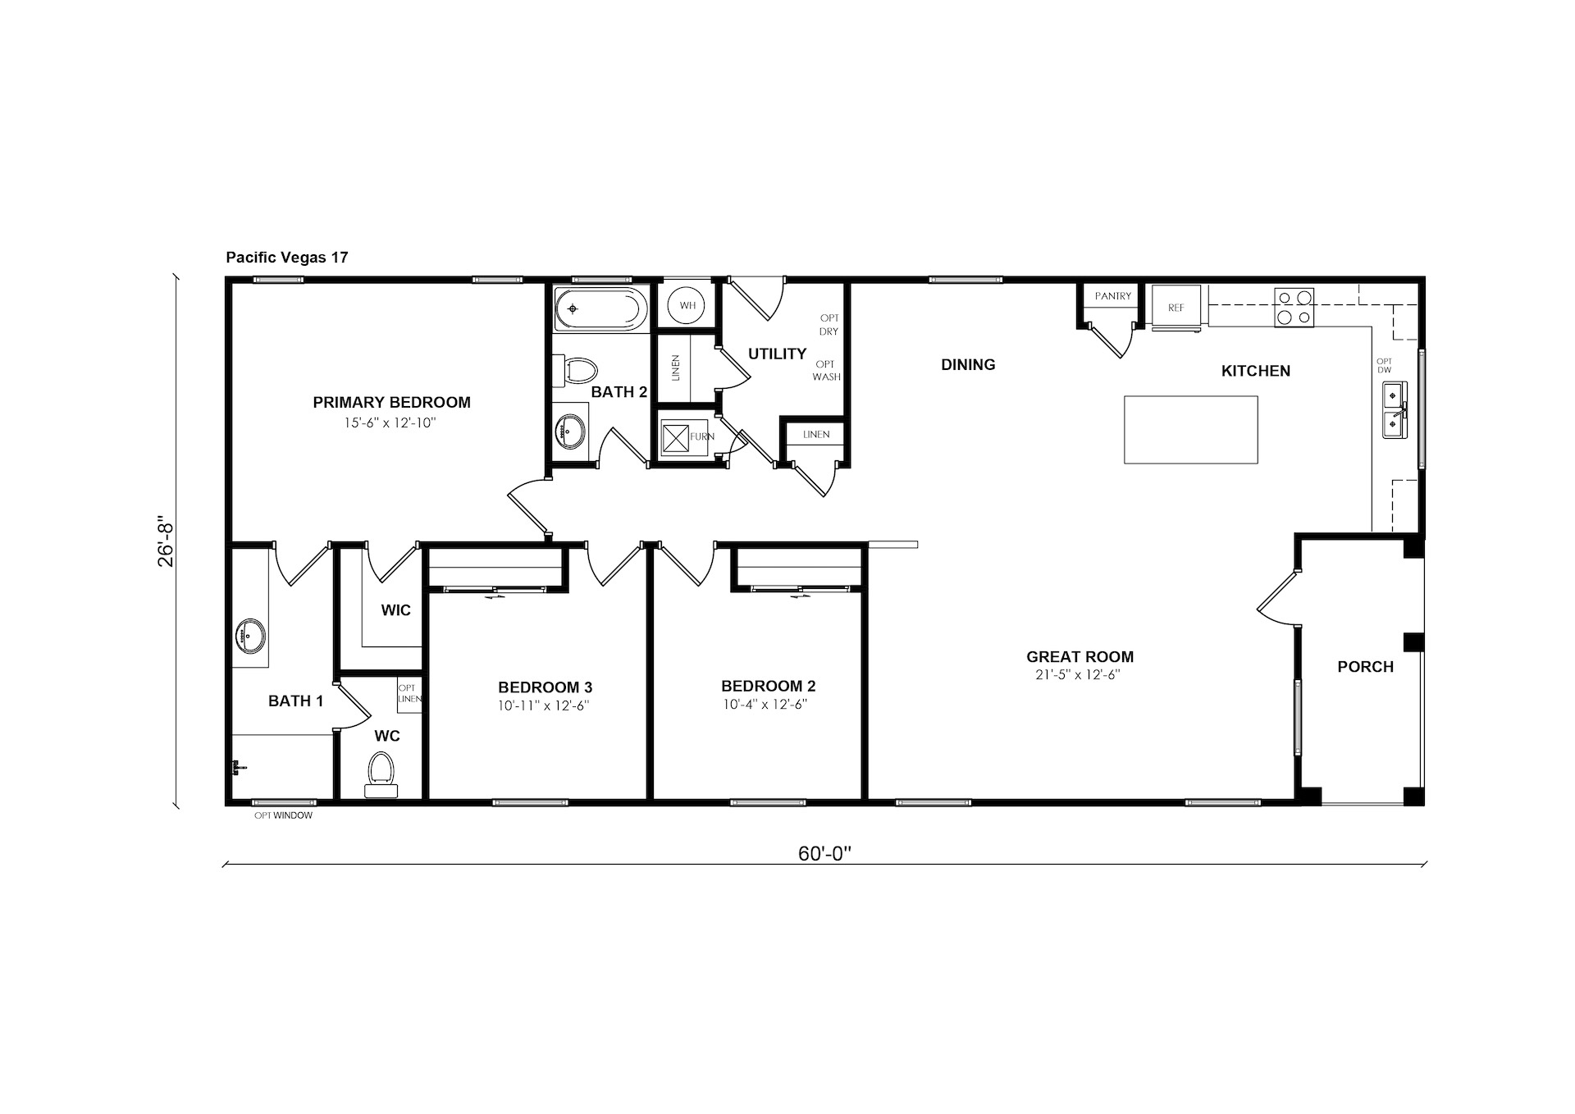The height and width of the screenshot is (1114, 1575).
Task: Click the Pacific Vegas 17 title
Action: point(287,258)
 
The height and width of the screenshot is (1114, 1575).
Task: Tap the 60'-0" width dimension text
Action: point(824,854)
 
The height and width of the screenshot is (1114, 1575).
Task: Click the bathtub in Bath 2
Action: point(600,309)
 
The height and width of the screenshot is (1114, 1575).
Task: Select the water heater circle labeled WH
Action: point(687,306)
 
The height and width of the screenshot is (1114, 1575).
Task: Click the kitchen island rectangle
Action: point(1190,430)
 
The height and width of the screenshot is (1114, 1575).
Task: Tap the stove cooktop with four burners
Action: point(1294,308)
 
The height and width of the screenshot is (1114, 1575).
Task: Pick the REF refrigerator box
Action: point(1176,308)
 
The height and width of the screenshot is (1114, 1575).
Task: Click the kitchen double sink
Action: point(1395,410)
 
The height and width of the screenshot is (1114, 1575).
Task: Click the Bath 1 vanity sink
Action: point(250,635)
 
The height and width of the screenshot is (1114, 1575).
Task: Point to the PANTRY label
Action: point(1113,296)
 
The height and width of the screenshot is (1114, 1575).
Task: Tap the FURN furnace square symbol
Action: point(675,437)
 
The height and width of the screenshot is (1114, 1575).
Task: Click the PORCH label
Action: point(1365,667)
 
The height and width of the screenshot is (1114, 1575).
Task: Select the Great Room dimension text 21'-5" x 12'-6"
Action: point(1078,675)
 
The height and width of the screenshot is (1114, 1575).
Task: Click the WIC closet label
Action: point(395,610)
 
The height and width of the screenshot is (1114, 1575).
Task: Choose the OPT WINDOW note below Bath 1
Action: point(283,815)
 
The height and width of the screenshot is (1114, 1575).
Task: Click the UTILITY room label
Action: point(777,354)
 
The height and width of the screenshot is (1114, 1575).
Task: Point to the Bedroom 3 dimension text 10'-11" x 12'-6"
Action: point(544,705)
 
